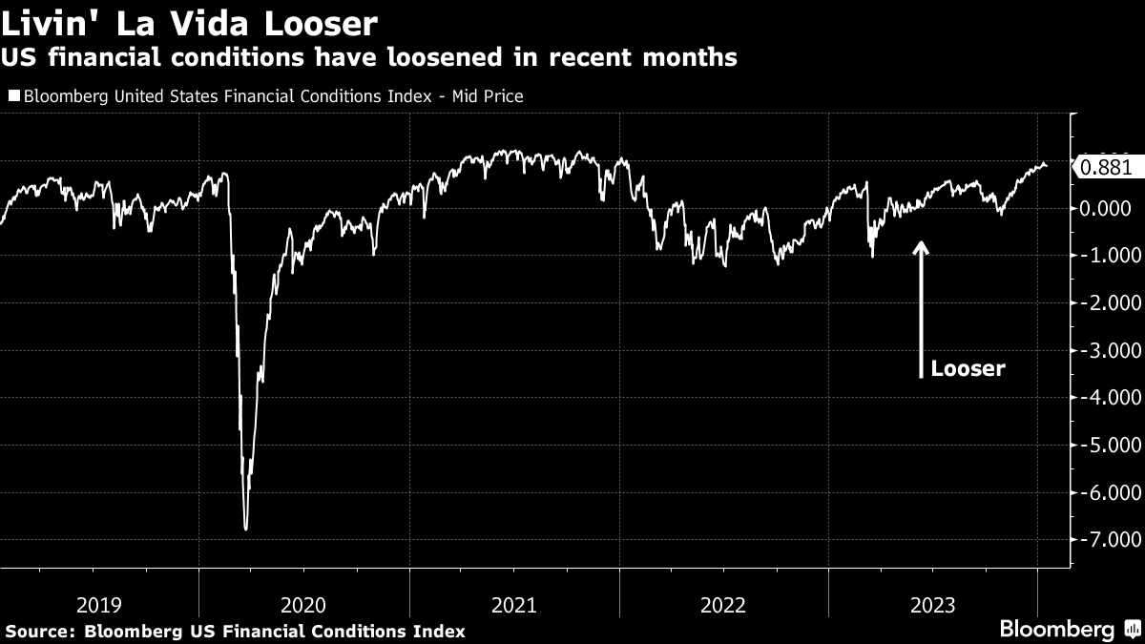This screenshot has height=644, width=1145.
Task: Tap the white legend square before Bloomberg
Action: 13,95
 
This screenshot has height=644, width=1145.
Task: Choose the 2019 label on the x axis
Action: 98,604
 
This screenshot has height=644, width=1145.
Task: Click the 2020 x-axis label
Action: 303,604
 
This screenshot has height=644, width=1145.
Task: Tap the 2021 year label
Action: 513,604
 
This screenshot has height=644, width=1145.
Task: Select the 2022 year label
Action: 723,604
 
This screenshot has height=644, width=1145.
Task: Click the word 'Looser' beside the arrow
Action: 968,369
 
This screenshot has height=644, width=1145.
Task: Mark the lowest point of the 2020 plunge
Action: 246,529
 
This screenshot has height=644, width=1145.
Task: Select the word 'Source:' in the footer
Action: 41,631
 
